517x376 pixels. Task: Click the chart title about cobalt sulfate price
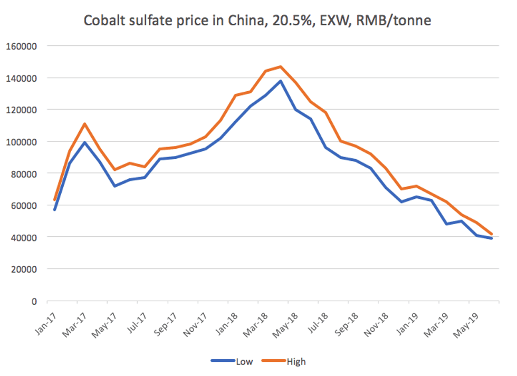pyautogui.click(x=258, y=21)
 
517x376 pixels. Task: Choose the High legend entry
pyautogui.click(x=296, y=361)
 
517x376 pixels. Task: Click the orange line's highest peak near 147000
pyautogui.click(x=281, y=66)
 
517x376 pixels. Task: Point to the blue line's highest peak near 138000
pyautogui.click(x=281, y=81)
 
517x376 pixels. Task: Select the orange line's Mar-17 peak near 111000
pyautogui.click(x=84, y=124)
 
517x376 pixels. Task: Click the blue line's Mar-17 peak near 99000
pyautogui.click(x=84, y=142)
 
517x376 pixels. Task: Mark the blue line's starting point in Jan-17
pyautogui.click(x=54, y=209)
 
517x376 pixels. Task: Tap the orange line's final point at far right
pyautogui.click(x=492, y=234)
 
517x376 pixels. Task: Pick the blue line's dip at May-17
pyautogui.click(x=114, y=186)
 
